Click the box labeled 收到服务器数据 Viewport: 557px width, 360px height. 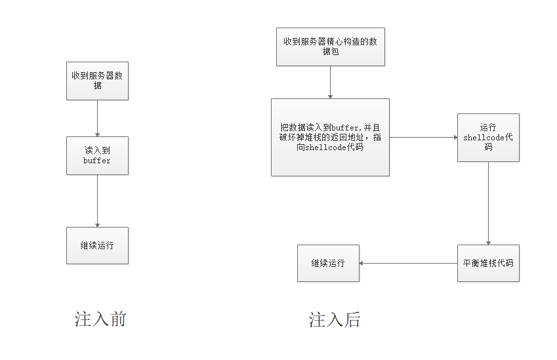click(x=97, y=81)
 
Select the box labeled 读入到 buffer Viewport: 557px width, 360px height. click(x=97, y=155)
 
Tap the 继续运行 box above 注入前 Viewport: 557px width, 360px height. click(x=97, y=245)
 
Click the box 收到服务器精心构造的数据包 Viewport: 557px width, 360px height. click(x=330, y=47)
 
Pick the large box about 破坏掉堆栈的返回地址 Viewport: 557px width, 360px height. click(x=330, y=137)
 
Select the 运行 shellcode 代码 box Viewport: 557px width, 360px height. click(x=488, y=137)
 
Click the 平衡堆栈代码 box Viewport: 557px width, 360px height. click(x=488, y=263)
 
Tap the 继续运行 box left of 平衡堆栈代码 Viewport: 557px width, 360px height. click(x=328, y=263)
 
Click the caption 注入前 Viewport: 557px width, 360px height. click(x=100, y=320)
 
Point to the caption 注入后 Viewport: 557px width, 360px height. click(x=335, y=320)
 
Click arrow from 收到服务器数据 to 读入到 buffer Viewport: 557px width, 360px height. click(x=97, y=118)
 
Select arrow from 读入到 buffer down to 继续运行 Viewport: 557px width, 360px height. click(x=97, y=201)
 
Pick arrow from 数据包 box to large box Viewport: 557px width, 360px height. click(x=330, y=82)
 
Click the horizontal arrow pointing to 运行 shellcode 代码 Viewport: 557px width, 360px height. click(x=423, y=137)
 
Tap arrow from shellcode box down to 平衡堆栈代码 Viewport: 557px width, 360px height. click(x=488, y=203)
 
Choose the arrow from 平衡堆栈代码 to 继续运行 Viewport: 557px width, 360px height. click(x=408, y=263)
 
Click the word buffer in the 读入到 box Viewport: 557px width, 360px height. click(x=97, y=161)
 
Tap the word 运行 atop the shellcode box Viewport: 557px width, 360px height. click(x=488, y=128)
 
